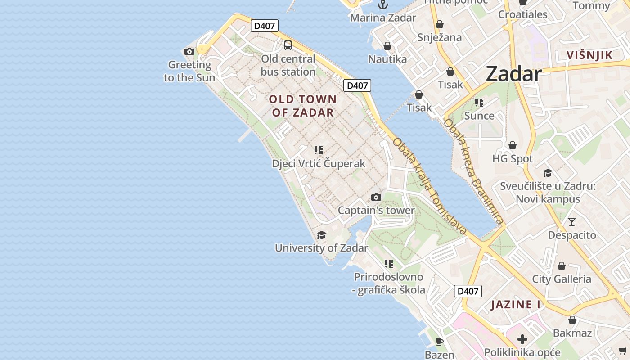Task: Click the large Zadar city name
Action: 513,74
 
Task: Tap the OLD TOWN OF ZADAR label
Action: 303,106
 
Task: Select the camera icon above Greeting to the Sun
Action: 189,51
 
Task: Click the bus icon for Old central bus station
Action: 288,45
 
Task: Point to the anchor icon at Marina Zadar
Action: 383,5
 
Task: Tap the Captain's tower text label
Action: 376,210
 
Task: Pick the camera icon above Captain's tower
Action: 376,197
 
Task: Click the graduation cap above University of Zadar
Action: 321,235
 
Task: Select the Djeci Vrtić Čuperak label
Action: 319,163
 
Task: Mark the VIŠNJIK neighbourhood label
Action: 589,55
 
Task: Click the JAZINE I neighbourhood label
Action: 516,305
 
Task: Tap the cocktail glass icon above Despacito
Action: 571,222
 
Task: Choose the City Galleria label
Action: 562,279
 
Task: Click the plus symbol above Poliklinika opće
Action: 522,339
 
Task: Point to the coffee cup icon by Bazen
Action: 440,341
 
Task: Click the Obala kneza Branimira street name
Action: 473,171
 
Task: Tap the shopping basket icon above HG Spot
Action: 512,145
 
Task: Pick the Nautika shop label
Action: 387,59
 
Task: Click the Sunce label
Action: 479,116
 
